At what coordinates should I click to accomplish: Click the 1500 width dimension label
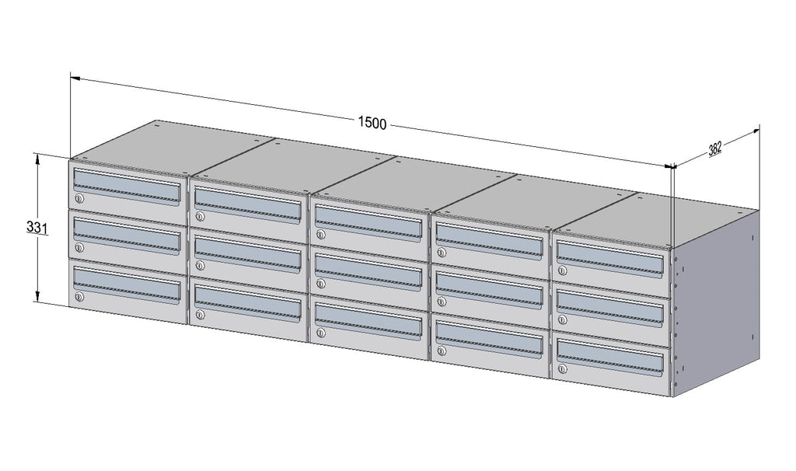tap(372, 124)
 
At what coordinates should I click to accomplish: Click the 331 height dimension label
tap(37, 228)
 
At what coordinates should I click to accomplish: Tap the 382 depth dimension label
tap(715, 148)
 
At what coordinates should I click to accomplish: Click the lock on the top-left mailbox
tap(79, 199)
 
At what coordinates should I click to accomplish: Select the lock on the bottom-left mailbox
tap(79, 297)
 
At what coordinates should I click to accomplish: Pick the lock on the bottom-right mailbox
tap(562, 369)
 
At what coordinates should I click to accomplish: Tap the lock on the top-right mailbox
tap(562, 270)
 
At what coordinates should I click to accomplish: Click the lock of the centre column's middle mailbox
tap(320, 284)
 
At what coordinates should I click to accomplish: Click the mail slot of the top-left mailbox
tap(127, 187)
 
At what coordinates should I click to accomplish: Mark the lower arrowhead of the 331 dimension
tap(37, 296)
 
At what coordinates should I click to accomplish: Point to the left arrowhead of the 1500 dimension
tap(75, 78)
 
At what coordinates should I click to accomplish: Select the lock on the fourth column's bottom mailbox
tap(442, 351)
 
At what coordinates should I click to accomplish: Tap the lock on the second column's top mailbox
tap(200, 217)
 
